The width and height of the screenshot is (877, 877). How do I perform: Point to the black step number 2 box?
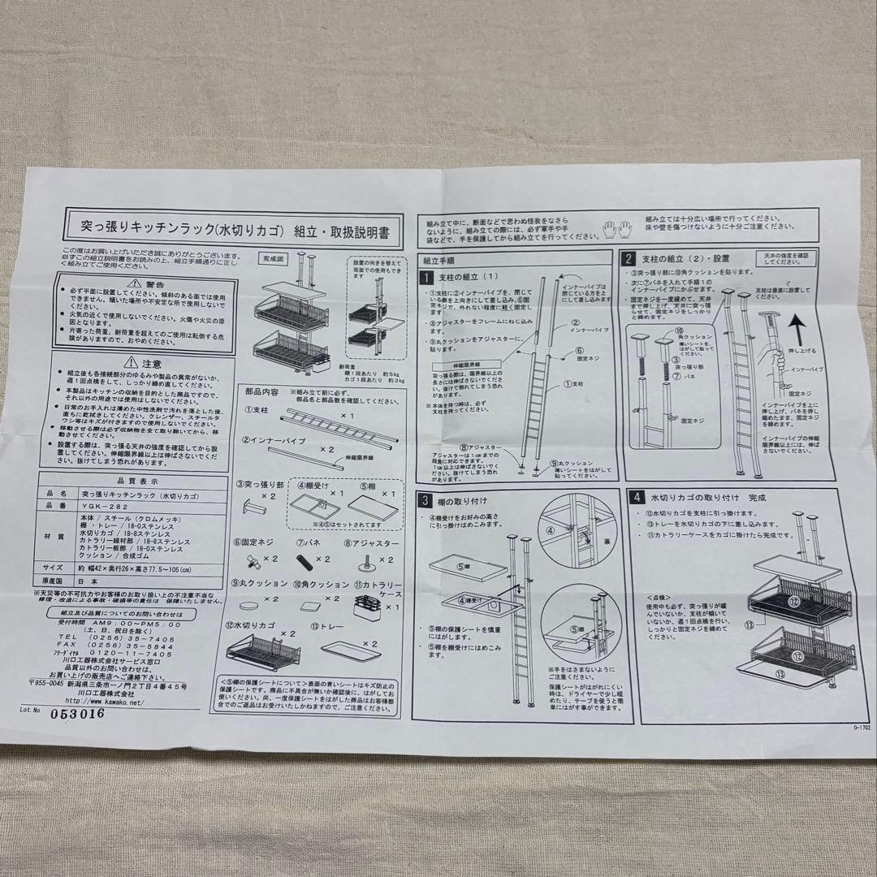pyautogui.click(x=629, y=260)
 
